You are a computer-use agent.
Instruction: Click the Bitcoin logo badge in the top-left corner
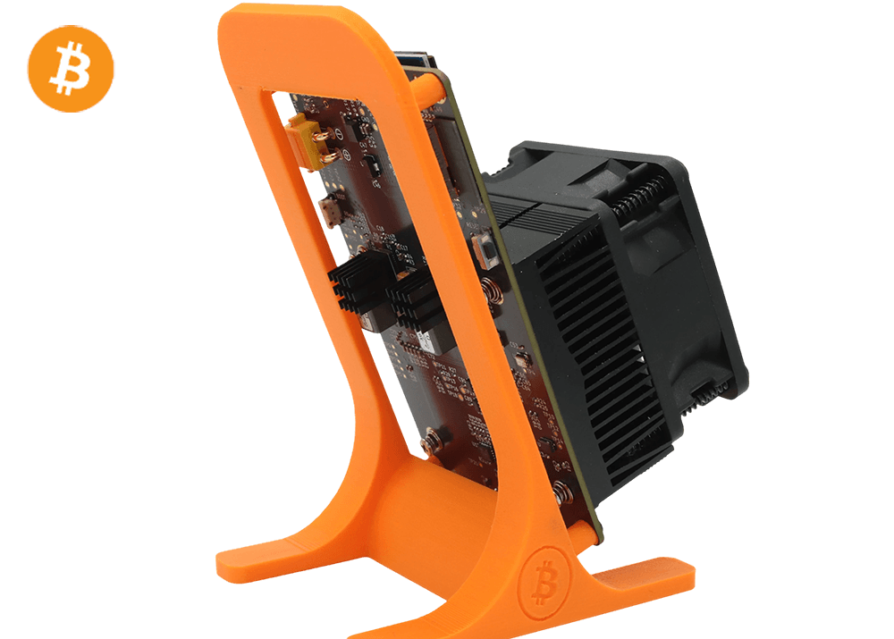(71, 68)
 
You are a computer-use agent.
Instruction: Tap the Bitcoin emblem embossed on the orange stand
(544, 578)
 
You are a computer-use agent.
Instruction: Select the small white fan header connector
(332, 212)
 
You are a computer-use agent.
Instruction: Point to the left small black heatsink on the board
(357, 282)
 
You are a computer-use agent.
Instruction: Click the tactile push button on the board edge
(488, 250)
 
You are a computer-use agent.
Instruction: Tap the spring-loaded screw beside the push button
(491, 290)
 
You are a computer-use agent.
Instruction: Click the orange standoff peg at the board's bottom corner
(581, 534)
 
